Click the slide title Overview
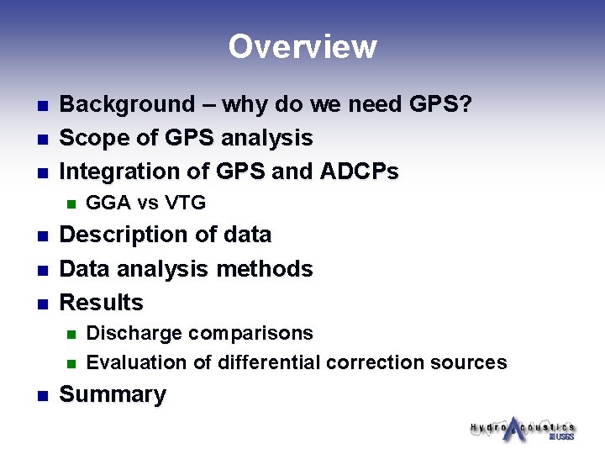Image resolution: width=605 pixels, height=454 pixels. click(302, 46)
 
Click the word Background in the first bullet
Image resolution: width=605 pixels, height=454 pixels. click(126, 105)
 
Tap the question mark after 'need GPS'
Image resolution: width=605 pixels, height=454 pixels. click(466, 105)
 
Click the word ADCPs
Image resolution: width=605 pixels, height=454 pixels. click(359, 172)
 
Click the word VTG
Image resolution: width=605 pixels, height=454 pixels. click(186, 203)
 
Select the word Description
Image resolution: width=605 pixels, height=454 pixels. click(120, 235)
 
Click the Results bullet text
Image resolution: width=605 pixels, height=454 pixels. click(102, 303)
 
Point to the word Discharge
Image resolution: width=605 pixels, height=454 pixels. click(134, 334)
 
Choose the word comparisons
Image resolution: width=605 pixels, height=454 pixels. click(250, 334)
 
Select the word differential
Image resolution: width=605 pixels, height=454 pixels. click(269, 362)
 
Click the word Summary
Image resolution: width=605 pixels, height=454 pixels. click(113, 395)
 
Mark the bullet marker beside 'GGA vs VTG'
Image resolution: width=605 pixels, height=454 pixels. click(71, 203)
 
